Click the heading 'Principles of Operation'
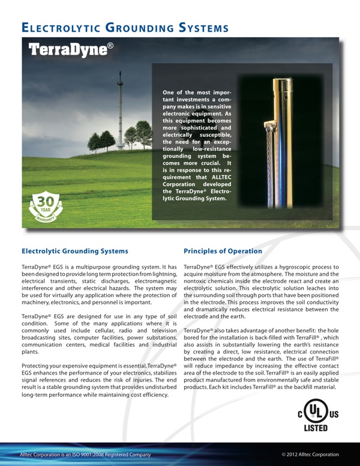point(223,251)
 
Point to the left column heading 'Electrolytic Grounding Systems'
point(74,251)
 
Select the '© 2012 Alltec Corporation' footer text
point(310,455)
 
